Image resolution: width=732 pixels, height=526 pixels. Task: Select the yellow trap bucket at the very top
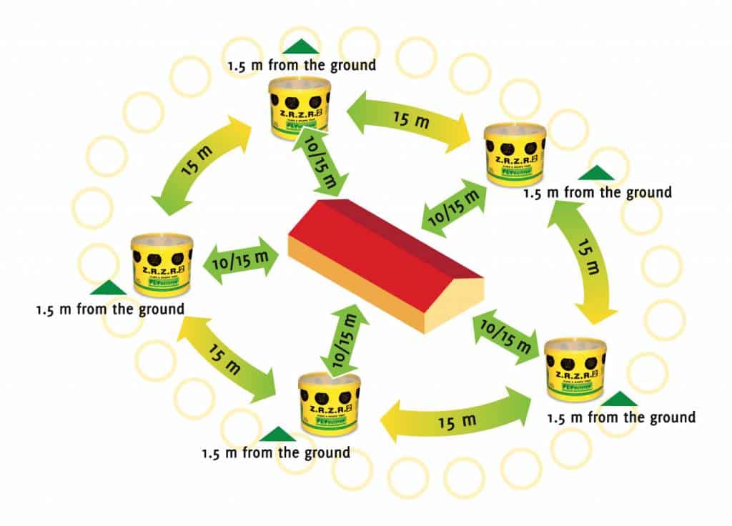(299, 106)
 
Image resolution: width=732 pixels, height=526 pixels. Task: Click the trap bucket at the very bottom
(330, 405)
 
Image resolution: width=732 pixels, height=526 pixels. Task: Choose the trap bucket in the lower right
(575, 369)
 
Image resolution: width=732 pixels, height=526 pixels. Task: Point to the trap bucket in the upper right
(515, 154)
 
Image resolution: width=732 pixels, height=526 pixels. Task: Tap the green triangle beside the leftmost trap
(108, 287)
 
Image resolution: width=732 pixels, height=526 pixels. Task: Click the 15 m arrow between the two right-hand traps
(582, 261)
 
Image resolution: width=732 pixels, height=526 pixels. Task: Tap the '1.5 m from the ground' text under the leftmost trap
(110, 310)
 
